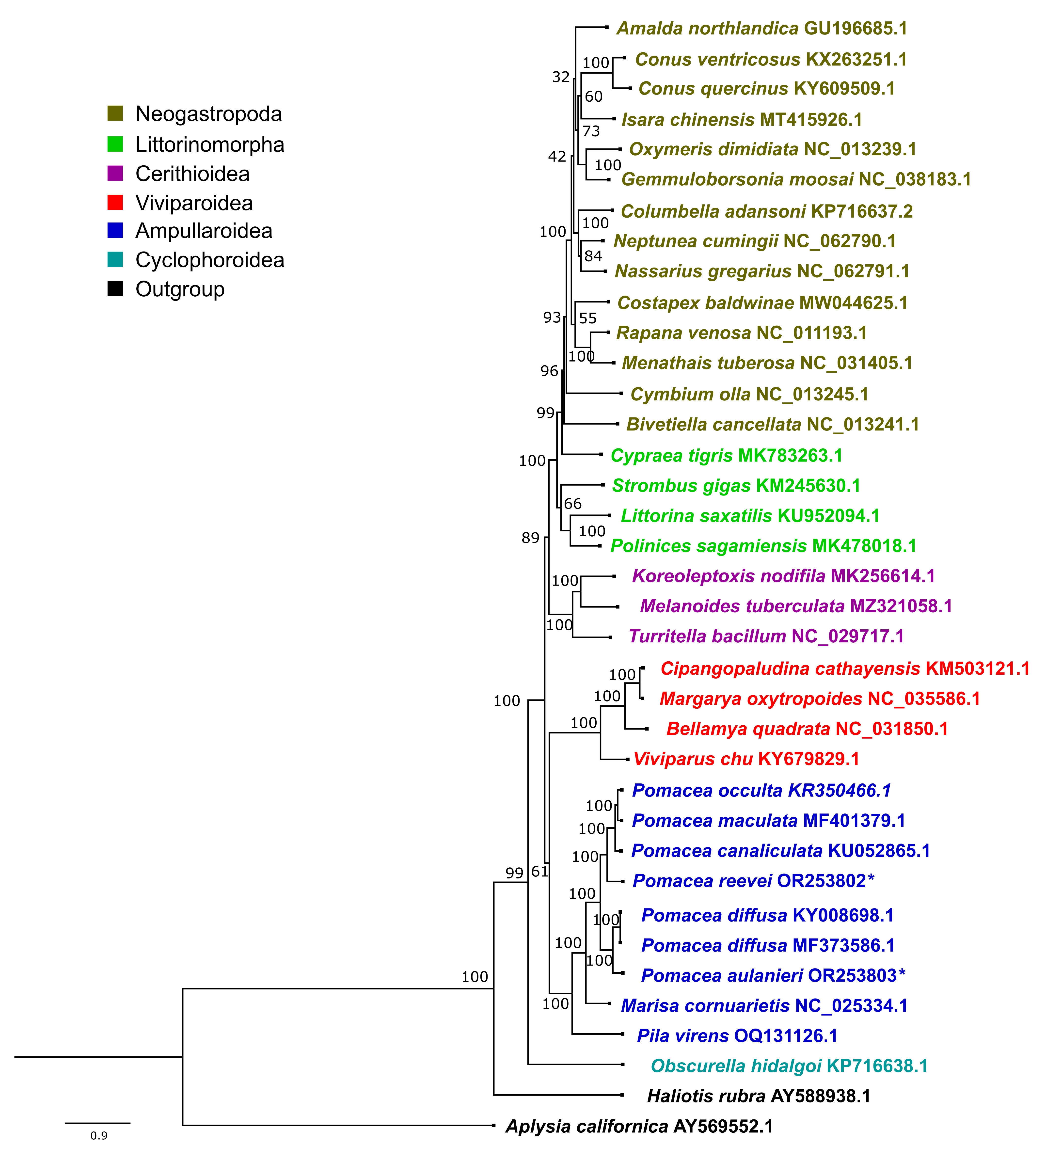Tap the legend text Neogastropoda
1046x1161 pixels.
pyautogui.click(x=209, y=114)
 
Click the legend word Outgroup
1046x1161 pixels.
pyautogui.click(x=180, y=289)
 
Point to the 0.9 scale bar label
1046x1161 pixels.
pyautogui.click(x=99, y=1136)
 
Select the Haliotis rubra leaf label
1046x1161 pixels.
pyautogui.click(x=759, y=1096)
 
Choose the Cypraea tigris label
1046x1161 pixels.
pyautogui.click(x=727, y=456)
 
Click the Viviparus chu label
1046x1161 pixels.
pyautogui.click(x=746, y=759)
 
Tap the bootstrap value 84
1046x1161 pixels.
pyautogui.click(x=593, y=256)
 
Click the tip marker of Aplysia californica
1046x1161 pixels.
pyautogui.click(x=493, y=1125)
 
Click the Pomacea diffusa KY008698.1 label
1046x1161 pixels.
pyautogui.click(x=767, y=916)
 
